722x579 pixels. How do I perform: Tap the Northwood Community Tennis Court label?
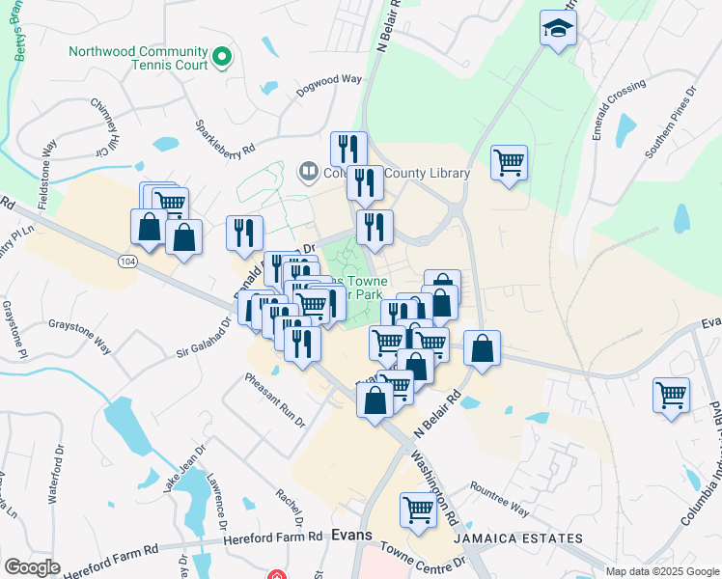138,58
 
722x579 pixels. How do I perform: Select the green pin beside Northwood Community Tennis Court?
222,58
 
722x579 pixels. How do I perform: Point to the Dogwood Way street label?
329,83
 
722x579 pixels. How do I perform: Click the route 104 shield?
128,262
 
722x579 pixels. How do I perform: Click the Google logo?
33,567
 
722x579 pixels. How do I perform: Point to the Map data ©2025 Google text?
661,571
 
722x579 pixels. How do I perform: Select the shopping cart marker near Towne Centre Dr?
418,509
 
